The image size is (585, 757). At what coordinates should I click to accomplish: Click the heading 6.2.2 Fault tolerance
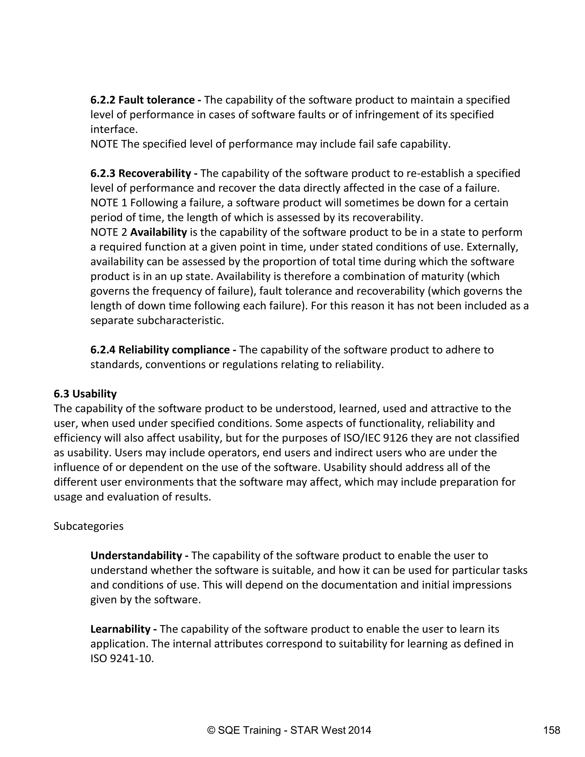tap(143, 100)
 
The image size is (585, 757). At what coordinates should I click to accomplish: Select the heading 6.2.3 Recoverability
tap(141, 173)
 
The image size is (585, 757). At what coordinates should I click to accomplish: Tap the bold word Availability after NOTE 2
tap(158, 232)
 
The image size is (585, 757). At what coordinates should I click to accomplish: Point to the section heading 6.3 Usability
tap(85, 394)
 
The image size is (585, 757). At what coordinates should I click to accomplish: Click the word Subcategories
tap(88, 526)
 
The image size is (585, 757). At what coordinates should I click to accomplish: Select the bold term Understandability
tap(136, 556)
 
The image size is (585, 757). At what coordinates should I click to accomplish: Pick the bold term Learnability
tap(120, 629)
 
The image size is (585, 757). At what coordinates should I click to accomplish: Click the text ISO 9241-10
tap(122, 658)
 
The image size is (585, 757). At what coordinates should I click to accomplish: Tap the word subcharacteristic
tap(180, 321)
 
